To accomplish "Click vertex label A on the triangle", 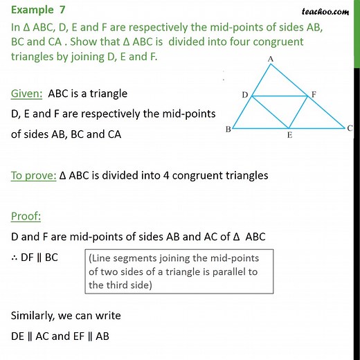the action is [271, 59].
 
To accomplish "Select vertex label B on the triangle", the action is [228, 130].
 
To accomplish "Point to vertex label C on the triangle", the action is [350, 128].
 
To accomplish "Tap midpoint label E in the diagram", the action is [289, 136].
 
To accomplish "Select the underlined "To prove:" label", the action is [33, 175].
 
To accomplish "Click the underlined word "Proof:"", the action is [26, 217].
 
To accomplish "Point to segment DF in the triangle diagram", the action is [280, 96].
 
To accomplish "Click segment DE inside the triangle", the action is [270, 111].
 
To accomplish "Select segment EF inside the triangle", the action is [298, 111].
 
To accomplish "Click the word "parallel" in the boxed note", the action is [226, 271].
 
